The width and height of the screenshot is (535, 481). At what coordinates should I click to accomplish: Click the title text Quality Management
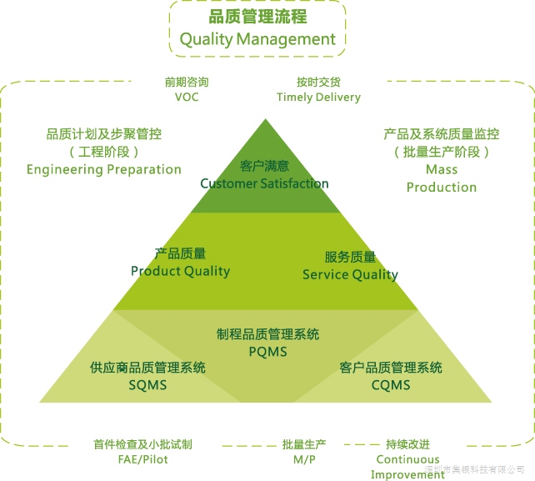(x=257, y=40)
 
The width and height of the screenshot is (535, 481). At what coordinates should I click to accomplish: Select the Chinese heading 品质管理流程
(x=257, y=17)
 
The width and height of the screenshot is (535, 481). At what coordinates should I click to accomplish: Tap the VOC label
(x=187, y=97)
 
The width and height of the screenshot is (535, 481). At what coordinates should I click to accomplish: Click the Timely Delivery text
(x=318, y=98)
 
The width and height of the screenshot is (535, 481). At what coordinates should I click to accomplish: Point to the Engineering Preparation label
(x=103, y=170)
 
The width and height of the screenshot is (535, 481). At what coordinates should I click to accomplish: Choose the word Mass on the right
(x=442, y=170)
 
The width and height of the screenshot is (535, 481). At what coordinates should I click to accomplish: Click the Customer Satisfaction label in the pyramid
(x=264, y=183)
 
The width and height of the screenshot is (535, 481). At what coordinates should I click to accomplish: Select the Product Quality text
(x=181, y=271)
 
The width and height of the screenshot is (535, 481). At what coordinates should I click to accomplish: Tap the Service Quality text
(x=350, y=275)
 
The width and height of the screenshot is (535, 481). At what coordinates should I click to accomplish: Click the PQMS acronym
(x=267, y=352)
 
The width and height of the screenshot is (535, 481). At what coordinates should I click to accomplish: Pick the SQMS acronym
(x=147, y=385)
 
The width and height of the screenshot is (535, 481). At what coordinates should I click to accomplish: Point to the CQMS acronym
(x=391, y=385)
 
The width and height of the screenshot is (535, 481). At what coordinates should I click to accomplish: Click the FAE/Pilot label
(x=143, y=459)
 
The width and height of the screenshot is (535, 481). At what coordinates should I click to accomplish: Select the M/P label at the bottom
(x=304, y=459)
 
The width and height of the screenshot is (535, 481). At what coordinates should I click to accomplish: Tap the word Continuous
(x=407, y=459)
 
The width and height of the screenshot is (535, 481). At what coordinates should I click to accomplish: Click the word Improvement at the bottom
(x=407, y=475)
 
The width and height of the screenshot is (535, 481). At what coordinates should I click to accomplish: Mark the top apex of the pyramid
(x=266, y=119)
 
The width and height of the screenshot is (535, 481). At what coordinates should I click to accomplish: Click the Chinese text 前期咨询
(x=187, y=83)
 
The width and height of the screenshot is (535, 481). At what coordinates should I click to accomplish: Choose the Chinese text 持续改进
(x=407, y=444)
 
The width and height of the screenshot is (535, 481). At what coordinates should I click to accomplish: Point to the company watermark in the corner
(x=474, y=469)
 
